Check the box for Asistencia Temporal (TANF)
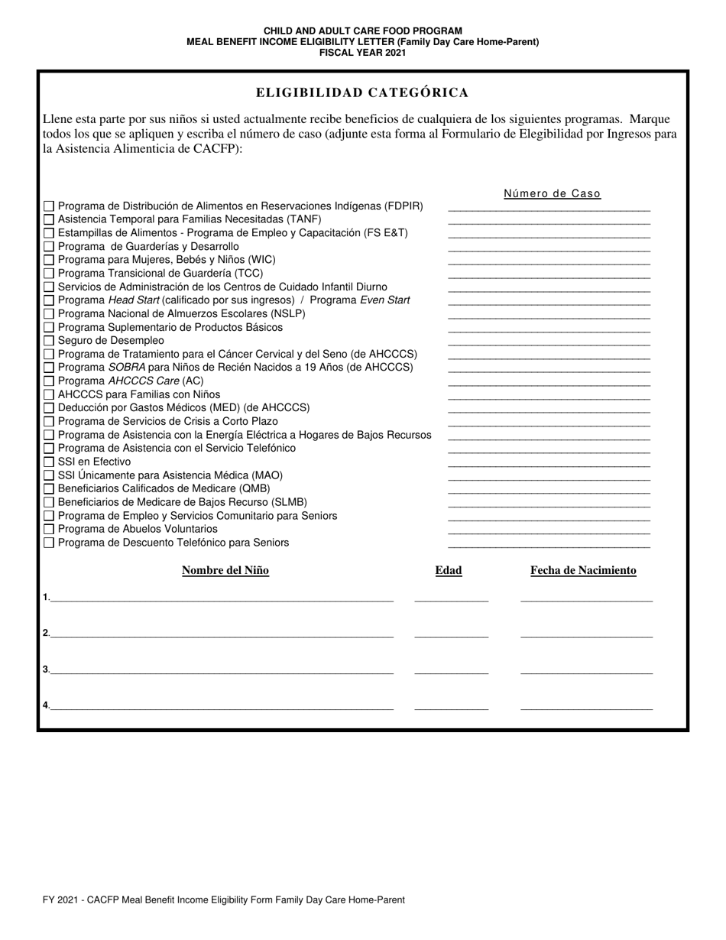point(49,219)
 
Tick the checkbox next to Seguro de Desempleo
point(49,341)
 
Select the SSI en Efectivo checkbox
point(49,462)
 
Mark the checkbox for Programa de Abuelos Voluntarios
point(49,530)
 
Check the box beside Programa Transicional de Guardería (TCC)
point(49,274)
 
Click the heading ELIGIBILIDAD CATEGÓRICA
point(362,92)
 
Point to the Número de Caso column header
point(552,194)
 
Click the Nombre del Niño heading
point(225,570)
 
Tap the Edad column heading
point(449,570)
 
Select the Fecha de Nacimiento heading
point(583,570)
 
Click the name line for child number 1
point(222,600)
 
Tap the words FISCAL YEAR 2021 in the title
point(362,53)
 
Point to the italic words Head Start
point(134,300)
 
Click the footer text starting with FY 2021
point(224,899)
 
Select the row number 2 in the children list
point(46,633)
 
